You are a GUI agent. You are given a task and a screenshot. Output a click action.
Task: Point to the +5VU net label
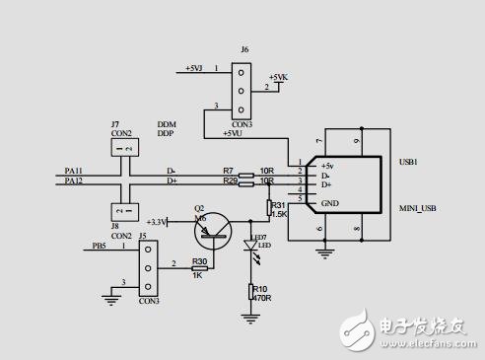233,131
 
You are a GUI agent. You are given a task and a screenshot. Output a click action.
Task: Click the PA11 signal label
74,171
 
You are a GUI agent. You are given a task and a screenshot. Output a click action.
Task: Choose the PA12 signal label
74,181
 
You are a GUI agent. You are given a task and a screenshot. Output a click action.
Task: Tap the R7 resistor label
228,171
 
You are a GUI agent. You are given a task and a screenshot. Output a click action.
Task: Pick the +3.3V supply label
156,222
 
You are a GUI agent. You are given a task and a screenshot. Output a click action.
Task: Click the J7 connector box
122,147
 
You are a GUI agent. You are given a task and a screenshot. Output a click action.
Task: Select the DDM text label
166,124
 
